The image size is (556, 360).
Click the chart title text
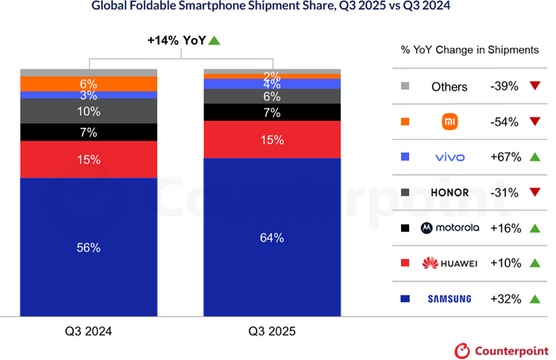277,9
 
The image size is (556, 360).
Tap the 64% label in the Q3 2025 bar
272,238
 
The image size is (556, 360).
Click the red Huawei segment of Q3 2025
272,140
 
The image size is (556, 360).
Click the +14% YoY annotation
183,41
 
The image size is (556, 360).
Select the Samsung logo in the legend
449,299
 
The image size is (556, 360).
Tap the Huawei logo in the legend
449,263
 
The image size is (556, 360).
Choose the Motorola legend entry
449,227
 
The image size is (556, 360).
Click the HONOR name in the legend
449,192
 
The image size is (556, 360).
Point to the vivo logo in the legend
449,157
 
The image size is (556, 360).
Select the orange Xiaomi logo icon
449,122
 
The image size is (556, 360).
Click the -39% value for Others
505,87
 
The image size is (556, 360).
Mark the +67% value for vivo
505,157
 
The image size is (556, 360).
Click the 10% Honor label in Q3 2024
88,111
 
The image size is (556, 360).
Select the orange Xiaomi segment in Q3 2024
88,83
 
